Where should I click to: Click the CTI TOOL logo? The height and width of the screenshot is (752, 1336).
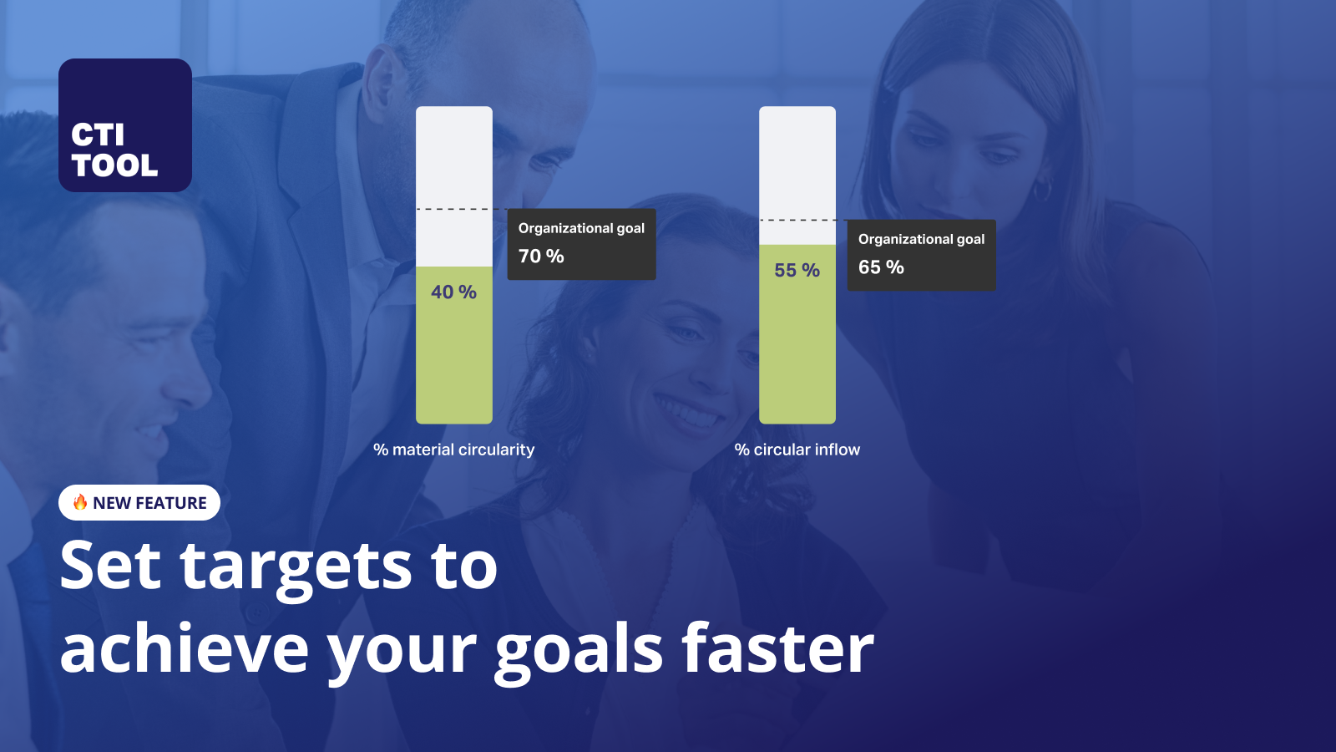coord(125,125)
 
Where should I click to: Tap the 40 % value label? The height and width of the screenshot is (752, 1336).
coord(453,292)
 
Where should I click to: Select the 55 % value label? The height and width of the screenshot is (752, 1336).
coord(797,271)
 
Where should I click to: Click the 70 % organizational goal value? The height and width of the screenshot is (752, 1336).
coord(541,257)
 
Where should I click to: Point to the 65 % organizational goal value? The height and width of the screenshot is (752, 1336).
coord(881,267)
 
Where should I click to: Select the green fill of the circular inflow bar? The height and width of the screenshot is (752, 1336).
coord(797,351)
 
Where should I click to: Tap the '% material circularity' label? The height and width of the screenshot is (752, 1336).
coord(453,450)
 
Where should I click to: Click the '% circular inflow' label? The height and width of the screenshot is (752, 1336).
coord(797,450)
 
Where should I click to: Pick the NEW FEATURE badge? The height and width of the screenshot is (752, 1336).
coord(139,503)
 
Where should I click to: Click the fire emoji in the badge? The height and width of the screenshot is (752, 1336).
coord(80,502)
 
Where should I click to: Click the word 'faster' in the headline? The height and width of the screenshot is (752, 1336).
coord(777,650)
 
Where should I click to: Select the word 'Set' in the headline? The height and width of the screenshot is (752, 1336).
coord(110,566)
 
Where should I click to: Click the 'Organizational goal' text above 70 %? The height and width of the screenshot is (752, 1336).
coord(581,228)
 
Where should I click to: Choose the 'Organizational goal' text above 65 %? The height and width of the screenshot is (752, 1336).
coord(921,239)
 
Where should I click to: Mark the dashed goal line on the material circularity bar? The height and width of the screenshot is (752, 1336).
coord(453,209)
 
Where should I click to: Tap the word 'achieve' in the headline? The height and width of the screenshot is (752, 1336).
coord(185,650)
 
